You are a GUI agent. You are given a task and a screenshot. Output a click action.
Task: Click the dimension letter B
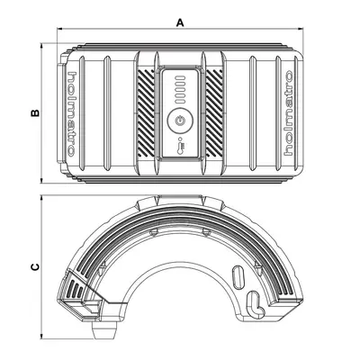(x=33, y=112)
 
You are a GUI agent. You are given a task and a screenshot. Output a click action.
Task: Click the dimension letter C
(x=33, y=266)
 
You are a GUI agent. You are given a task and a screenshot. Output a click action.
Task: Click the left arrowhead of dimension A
(x=61, y=30)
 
